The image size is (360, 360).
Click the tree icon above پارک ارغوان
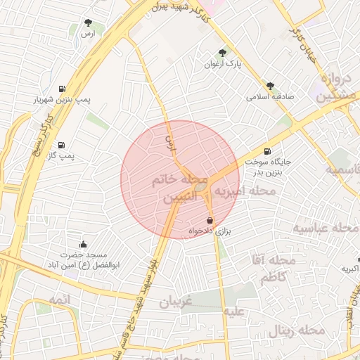coord(224,53)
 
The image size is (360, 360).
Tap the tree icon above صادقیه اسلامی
coord(270,86)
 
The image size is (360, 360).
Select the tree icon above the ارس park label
coord(88,22)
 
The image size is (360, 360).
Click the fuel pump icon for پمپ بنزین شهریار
coord(63,89)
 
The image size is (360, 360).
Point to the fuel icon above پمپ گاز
coord(62,144)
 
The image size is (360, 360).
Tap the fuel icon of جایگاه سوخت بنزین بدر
coord(266,151)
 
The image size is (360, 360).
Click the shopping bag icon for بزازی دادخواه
coord(210,221)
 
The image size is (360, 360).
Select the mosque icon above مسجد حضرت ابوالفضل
coord(84,245)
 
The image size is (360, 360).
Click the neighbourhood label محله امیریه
coord(244,190)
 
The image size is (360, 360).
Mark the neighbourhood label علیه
coord(233,311)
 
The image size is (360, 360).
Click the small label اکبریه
coord(350,268)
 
